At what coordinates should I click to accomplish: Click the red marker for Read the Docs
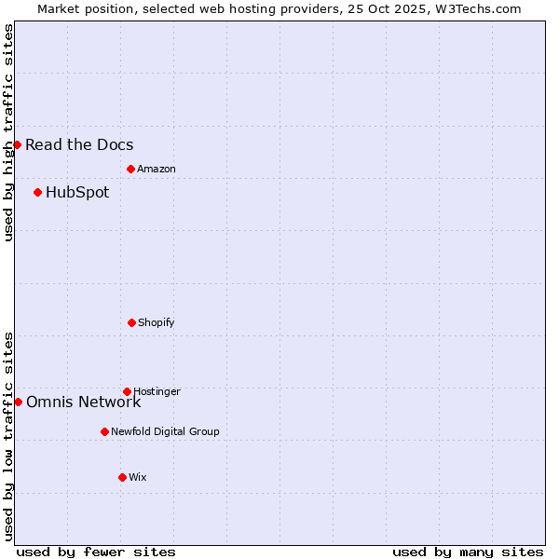(x=17, y=144)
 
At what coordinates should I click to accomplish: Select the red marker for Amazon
(x=130, y=169)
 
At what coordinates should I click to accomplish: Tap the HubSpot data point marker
(x=37, y=192)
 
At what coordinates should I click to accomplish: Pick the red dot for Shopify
(x=131, y=322)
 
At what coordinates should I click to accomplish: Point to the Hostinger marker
(x=127, y=391)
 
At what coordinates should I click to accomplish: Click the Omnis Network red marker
(x=18, y=402)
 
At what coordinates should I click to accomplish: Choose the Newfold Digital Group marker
(x=104, y=431)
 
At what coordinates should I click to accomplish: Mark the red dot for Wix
(x=122, y=477)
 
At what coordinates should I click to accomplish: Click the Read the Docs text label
(x=79, y=144)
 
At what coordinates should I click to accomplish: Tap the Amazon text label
(x=157, y=169)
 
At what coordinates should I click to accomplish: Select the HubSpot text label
(x=77, y=192)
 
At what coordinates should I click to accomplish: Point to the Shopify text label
(x=157, y=322)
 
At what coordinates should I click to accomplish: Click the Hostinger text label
(x=157, y=391)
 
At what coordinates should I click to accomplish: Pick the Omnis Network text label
(x=84, y=402)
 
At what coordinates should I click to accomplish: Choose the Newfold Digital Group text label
(x=165, y=431)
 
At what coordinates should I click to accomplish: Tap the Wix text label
(x=138, y=477)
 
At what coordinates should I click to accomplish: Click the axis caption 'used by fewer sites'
(x=96, y=552)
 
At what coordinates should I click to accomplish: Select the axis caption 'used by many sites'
(x=468, y=552)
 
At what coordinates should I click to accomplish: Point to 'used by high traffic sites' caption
(x=8, y=132)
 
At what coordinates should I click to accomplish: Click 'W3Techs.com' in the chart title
(x=475, y=8)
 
